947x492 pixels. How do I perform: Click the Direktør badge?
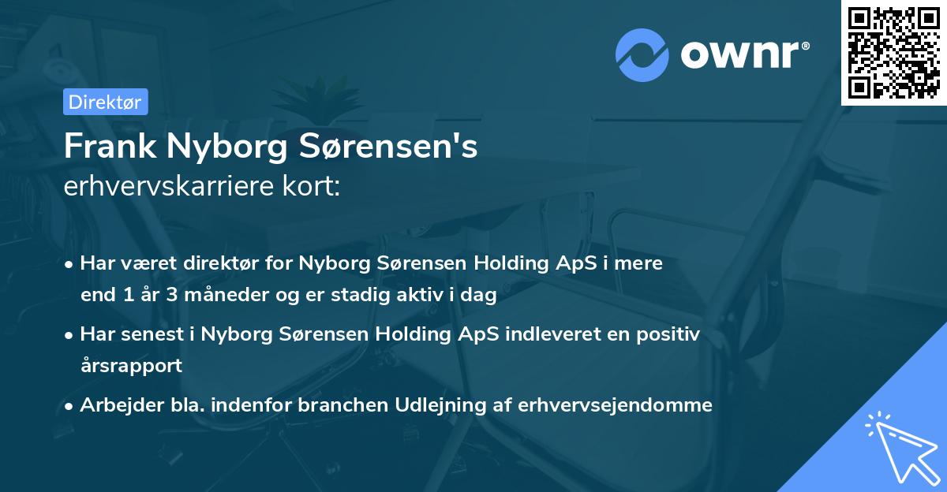click(x=105, y=102)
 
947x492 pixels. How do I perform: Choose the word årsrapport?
click(x=131, y=365)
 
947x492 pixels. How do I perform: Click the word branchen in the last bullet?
click(x=374, y=405)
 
